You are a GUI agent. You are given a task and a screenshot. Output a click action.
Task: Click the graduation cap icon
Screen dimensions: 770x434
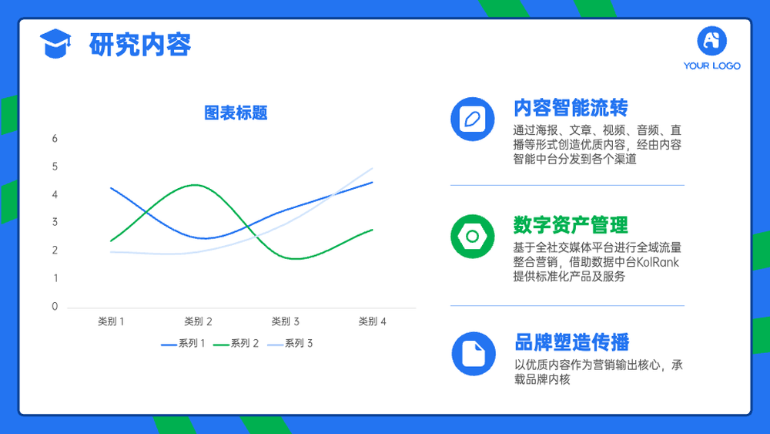[x=55, y=44]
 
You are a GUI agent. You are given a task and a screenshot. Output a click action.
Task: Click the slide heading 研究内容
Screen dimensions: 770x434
[x=140, y=45]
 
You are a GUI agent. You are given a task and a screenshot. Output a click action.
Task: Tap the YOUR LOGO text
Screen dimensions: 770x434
[x=711, y=66]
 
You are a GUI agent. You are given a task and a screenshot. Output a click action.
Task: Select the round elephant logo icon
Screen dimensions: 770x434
[x=712, y=41]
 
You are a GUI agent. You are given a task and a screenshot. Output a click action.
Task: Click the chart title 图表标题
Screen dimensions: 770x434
[x=236, y=113]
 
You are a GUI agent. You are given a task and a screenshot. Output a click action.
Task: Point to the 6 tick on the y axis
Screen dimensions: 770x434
[x=55, y=139]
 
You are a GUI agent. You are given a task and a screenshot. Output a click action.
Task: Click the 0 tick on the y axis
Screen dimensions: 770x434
[x=55, y=306]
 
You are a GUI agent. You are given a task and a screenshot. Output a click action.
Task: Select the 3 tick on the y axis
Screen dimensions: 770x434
[x=55, y=222]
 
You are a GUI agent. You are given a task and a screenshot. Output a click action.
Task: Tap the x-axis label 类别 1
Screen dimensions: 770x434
[x=111, y=321]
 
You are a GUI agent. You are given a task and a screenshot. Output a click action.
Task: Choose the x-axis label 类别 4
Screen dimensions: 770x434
[x=372, y=321]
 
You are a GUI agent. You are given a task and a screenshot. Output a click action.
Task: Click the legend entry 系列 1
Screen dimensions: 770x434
[x=183, y=344]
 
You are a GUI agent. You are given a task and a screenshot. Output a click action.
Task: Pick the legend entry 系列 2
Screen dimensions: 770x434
[x=236, y=344]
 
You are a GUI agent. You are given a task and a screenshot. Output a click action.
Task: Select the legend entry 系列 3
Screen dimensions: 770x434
[x=290, y=344]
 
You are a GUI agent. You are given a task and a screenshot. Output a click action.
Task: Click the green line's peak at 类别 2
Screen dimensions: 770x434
[x=196, y=185]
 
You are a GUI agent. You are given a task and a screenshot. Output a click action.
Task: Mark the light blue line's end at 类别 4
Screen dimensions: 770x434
[x=372, y=168]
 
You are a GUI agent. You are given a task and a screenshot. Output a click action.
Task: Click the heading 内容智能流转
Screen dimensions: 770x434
[x=571, y=108]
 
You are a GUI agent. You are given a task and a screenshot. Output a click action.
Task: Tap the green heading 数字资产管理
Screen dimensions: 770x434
[x=571, y=225]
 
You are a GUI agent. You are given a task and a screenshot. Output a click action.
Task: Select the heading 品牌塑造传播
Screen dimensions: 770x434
[x=572, y=342]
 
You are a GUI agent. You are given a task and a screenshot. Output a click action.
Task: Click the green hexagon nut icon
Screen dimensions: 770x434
[x=473, y=237]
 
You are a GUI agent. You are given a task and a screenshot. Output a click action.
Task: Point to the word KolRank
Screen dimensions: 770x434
[x=658, y=262]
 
